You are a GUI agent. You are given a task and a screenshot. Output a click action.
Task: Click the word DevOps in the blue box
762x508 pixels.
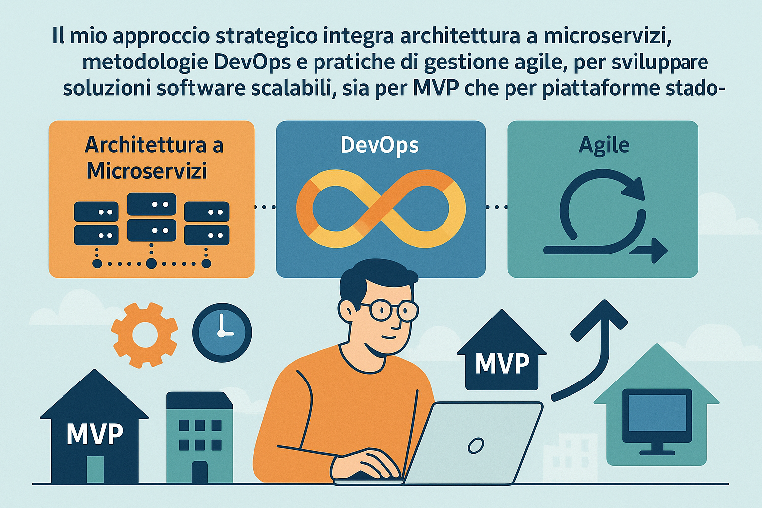(x=380, y=146)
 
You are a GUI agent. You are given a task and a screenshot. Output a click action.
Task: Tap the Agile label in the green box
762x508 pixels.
(x=604, y=146)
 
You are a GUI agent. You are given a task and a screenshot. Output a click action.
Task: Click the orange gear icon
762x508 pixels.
(x=144, y=335)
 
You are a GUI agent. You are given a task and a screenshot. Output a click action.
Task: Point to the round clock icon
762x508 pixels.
(x=222, y=332)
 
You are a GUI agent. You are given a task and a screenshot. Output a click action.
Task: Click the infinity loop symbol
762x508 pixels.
(x=381, y=208)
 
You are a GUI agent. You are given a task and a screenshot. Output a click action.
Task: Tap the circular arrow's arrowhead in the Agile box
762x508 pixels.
(x=634, y=189)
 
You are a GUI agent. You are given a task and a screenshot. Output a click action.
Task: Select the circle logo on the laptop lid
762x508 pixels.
(x=476, y=445)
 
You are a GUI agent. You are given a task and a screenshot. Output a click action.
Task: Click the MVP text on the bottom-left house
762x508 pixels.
(x=95, y=434)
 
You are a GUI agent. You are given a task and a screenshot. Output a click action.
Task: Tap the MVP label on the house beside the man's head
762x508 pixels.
(x=502, y=364)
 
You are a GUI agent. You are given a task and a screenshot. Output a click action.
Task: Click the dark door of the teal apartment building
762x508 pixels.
(x=200, y=472)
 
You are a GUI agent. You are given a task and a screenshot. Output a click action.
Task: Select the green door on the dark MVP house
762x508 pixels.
(x=95, y=469)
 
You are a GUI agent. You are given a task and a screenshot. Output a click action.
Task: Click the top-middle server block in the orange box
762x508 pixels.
(x=151, y=204)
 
